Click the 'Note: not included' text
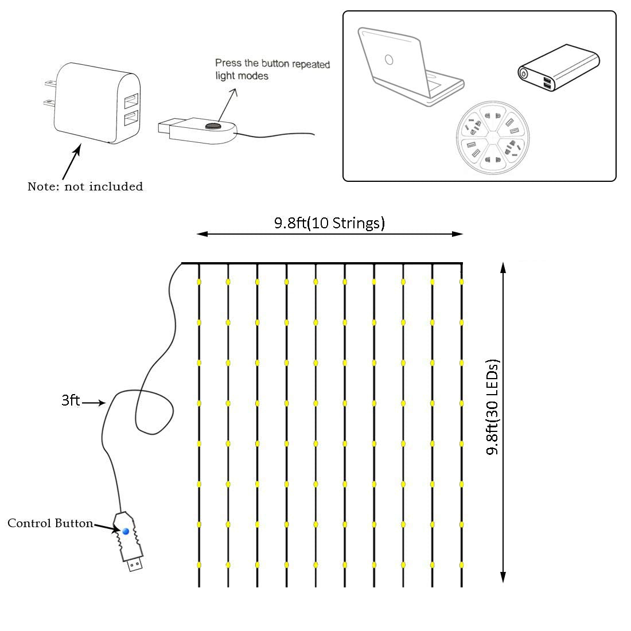coord(85,186)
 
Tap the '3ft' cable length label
coord(71,400)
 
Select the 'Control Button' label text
coord(50,523)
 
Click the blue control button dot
coord(126,532)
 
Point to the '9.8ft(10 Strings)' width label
coord(329,223)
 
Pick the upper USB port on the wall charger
coord(130,102)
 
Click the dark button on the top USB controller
coord(213,125)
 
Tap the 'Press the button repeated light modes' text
coord(272,69)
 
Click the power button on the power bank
coord(524,73)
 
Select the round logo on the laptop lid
coord(388,59)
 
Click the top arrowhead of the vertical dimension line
coord(503,267)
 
